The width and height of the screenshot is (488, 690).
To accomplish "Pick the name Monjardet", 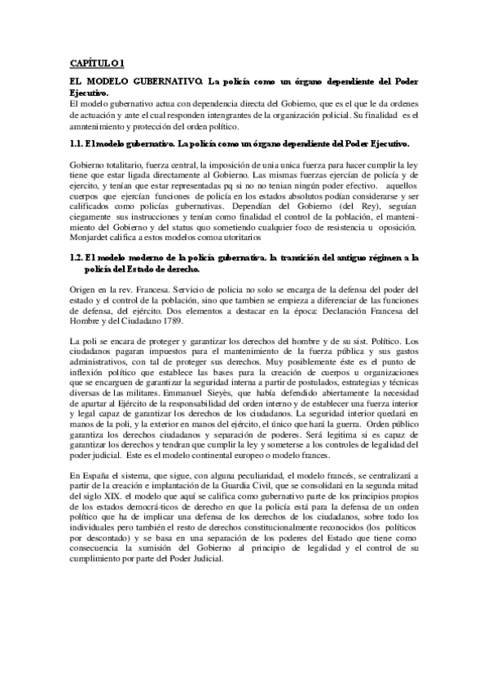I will (x=90, y=241).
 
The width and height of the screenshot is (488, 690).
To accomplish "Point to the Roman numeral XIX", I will (x=112, y=496).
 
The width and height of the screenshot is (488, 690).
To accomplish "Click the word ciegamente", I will (x=95, y=220).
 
